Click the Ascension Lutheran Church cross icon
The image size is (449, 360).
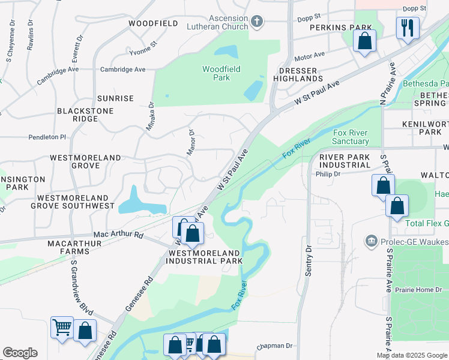tap(257, 22)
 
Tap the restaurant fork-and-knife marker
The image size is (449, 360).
tap(407, 28)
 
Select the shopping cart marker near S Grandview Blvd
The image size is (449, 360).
tap(62, 328)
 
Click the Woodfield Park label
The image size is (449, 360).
tap(221, 73)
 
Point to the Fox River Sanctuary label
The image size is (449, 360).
tap(351, 137)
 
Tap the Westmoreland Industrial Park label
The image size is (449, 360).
tap(204, 257)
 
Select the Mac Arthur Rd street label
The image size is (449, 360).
tap(119, 235)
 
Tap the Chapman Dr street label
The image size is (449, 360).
tap(274, 346)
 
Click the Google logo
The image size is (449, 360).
tap(20, 353)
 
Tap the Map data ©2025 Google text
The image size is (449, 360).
tap(412, 355)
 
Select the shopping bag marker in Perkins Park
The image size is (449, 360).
tap(364, 41)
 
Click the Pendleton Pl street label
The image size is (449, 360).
tap(47, 137)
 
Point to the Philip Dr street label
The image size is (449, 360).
tap(328, 174)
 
